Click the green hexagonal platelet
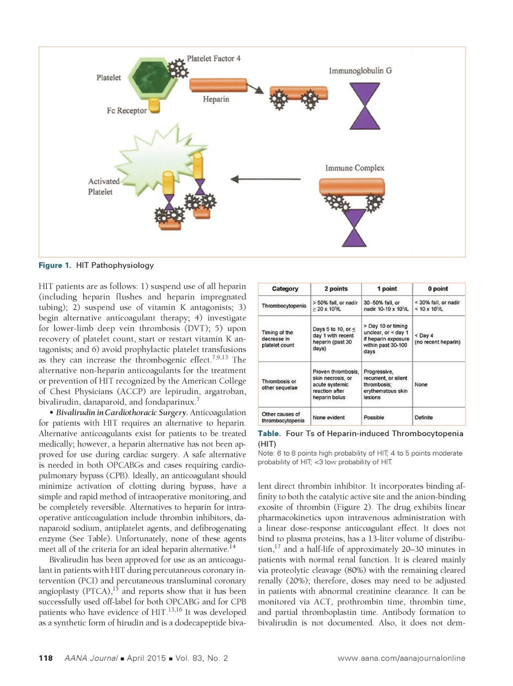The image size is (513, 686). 153,78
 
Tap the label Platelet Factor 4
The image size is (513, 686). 213,59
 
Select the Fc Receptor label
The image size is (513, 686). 127,111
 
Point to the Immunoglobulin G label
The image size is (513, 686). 360,71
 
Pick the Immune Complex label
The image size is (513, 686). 355,168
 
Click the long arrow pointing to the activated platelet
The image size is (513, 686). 266,179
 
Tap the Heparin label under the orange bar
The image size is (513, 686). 216,99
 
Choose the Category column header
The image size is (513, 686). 285,289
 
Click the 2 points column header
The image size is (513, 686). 336,289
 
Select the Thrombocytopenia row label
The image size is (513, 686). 284,306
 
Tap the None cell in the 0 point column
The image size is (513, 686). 421,385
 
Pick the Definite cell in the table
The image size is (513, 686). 423,417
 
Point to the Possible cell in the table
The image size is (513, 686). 374,417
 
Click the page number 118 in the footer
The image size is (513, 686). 46,658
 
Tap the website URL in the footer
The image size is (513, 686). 401,658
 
